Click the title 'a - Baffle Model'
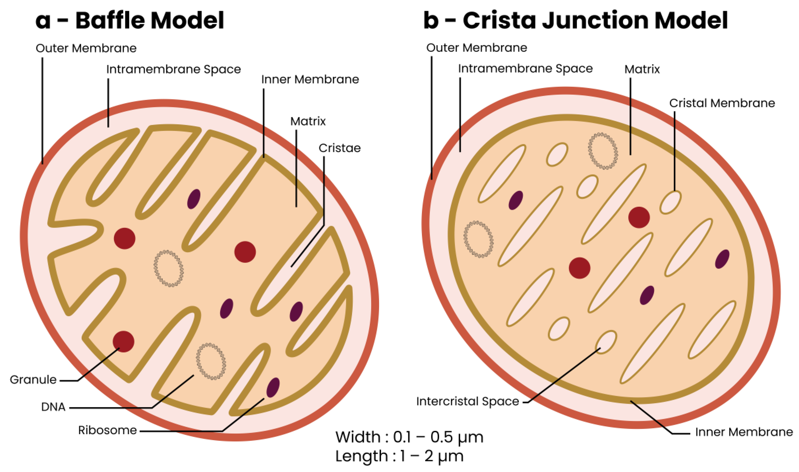coord(130,20)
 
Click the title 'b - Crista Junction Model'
coord(575,20)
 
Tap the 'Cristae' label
coord(340,148)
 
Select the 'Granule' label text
coord(33,380)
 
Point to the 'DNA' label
coord(53,407)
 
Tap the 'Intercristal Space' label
coord(467,401)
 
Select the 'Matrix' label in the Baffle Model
coord(308,121)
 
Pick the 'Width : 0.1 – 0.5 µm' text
coord(409,437)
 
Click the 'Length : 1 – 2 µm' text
coord(399,456)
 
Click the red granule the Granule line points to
coord(123,342)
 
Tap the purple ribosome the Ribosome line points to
coord(273,387)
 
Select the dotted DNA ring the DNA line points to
coord(211,361)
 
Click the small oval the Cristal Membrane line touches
coord(670,202)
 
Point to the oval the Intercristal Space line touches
coord(606,342)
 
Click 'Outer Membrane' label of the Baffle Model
coord(86,48)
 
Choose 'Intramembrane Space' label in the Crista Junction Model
coord(525,69)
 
